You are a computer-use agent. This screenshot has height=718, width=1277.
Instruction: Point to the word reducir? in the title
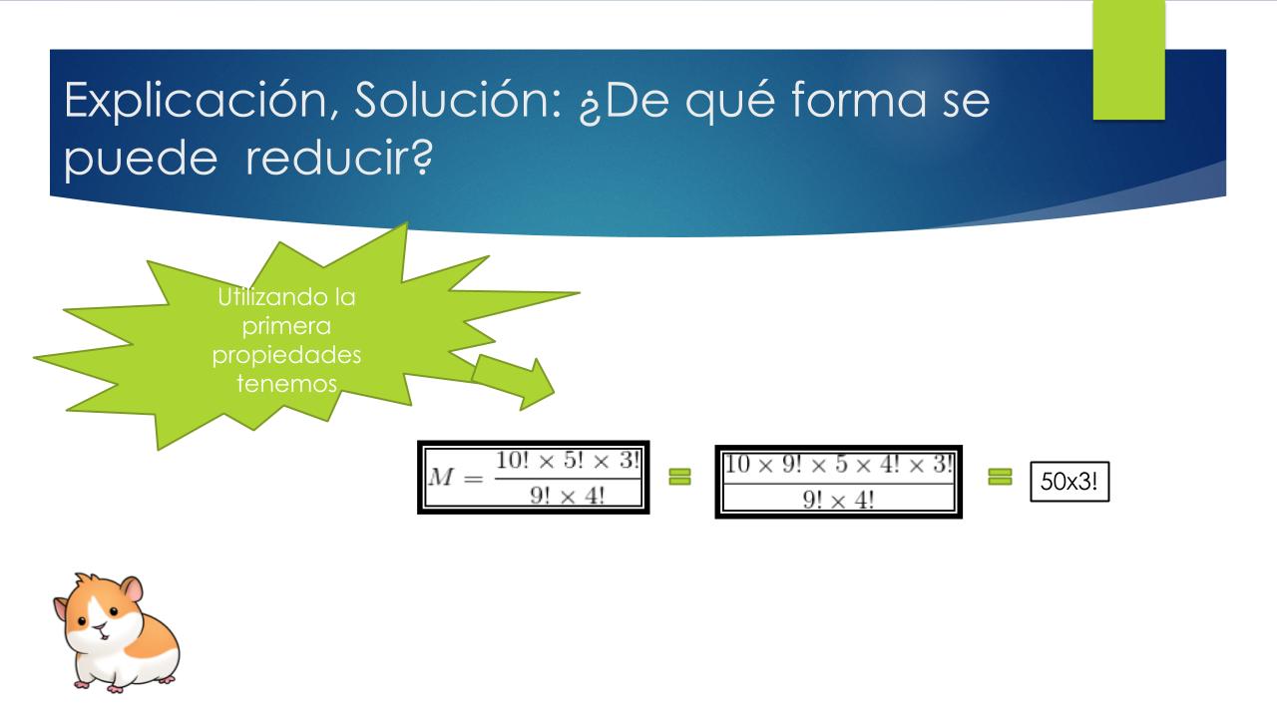point(339,158)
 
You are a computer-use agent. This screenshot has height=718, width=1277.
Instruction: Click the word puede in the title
point(141,161)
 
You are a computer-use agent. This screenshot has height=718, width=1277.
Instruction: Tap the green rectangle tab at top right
point(1128,60)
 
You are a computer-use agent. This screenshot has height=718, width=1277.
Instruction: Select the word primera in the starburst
point(286,327)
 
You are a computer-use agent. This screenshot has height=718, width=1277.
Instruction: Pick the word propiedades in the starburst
point(286,356)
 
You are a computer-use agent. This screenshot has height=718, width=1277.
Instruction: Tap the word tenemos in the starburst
point(286,384)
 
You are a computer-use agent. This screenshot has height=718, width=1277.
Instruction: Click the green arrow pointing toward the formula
point(513,381)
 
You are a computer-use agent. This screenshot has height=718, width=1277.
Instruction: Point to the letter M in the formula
point(440,477)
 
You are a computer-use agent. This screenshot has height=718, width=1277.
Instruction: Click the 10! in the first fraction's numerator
point(513,460)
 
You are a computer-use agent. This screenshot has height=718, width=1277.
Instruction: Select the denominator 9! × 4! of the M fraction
point(567,496)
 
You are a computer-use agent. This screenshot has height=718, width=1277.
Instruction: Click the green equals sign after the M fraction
point(679,477)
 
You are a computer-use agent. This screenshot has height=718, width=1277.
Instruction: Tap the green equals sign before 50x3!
point(1000,477)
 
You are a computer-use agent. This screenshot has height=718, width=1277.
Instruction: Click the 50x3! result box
point(1069,482)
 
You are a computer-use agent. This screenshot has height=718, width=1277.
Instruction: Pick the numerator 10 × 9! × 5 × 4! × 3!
point(838,465)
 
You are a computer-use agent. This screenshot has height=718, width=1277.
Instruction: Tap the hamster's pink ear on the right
point(133,589)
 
